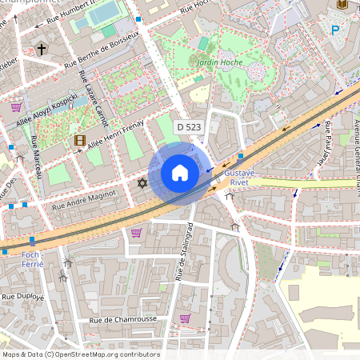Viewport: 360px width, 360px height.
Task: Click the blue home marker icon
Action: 180,172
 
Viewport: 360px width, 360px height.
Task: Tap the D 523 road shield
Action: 189,127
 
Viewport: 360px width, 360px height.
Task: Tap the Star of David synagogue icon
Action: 142,184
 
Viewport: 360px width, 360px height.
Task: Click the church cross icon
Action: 42,50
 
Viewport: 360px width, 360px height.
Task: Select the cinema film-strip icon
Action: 79,140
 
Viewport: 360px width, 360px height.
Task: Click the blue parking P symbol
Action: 335,30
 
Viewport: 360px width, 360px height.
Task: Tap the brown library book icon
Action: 342,5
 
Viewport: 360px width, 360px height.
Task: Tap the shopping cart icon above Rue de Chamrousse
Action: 185,318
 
